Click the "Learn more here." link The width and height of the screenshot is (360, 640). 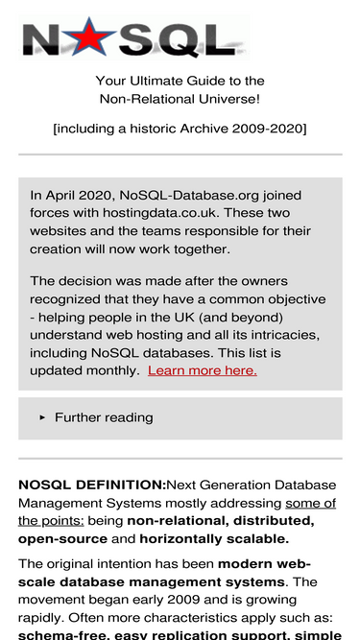click(203, 370)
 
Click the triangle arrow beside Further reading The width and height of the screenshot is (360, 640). click(42, 418)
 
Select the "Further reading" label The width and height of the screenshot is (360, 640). click(104, 417)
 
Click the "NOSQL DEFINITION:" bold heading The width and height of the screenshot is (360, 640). click(92, 486)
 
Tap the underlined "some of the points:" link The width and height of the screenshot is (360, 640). click(310, 503)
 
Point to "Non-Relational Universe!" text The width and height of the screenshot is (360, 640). click(180, 99)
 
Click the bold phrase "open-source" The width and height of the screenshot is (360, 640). click(61, 538)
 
